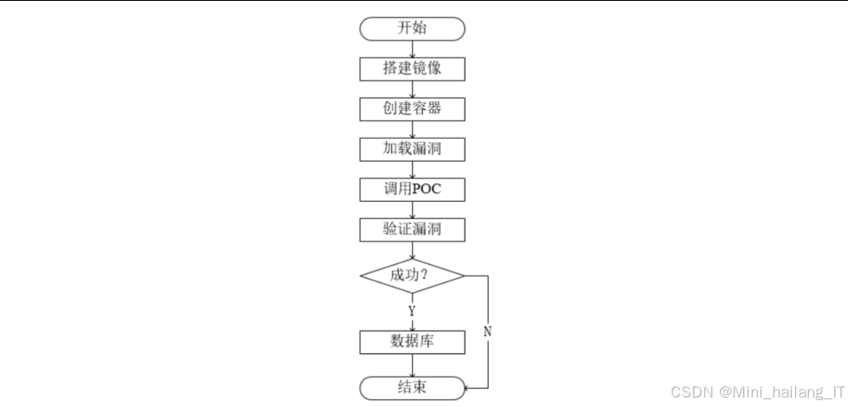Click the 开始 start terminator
click(412, 29)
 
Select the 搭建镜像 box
click(412, 69)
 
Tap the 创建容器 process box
click(412, 109)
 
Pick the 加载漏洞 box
click(412, 149)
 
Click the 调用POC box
click(412, 189)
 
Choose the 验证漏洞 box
click(412, 229)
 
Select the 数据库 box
click(412, 341)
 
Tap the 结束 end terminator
click(412, 387)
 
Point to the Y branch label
click(412, 311)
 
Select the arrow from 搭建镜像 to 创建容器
click(412, 89)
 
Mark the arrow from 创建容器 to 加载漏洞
click(412, 129)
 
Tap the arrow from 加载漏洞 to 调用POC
click(412, 169)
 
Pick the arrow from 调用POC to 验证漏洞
click(412, 210)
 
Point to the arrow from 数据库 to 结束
click(412, 364)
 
